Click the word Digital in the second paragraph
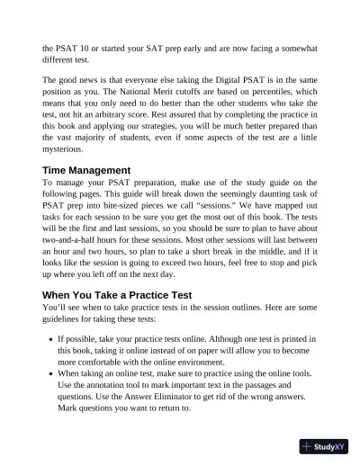(213, 80)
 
